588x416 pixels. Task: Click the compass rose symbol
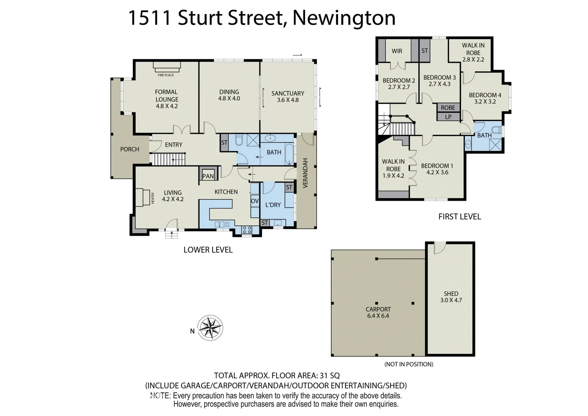[210, 328]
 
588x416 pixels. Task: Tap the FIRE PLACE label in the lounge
[166, 75]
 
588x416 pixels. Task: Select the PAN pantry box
[208, 175]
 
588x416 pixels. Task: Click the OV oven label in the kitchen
[255, 201]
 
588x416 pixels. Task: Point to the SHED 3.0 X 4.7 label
[451, 297]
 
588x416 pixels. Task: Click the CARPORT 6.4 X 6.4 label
[378, 312]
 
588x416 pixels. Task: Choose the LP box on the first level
[448, 117]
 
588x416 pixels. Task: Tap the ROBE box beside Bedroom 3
[448, 107]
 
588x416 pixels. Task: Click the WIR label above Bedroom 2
[397, 51]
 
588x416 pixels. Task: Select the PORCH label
[129, 149]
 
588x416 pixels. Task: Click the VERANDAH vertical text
[305, 173]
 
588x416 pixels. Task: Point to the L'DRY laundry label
[273, 205]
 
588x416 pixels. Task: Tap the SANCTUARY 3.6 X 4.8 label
[288, 96]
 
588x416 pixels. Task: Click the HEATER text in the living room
[152, 198]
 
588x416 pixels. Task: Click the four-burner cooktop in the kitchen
[247, 230]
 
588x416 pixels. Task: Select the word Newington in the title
[344, 18]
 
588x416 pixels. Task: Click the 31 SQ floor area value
[330, 376]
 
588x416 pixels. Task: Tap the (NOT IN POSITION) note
[409, 364]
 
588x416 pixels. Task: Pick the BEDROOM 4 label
[485, 98]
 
